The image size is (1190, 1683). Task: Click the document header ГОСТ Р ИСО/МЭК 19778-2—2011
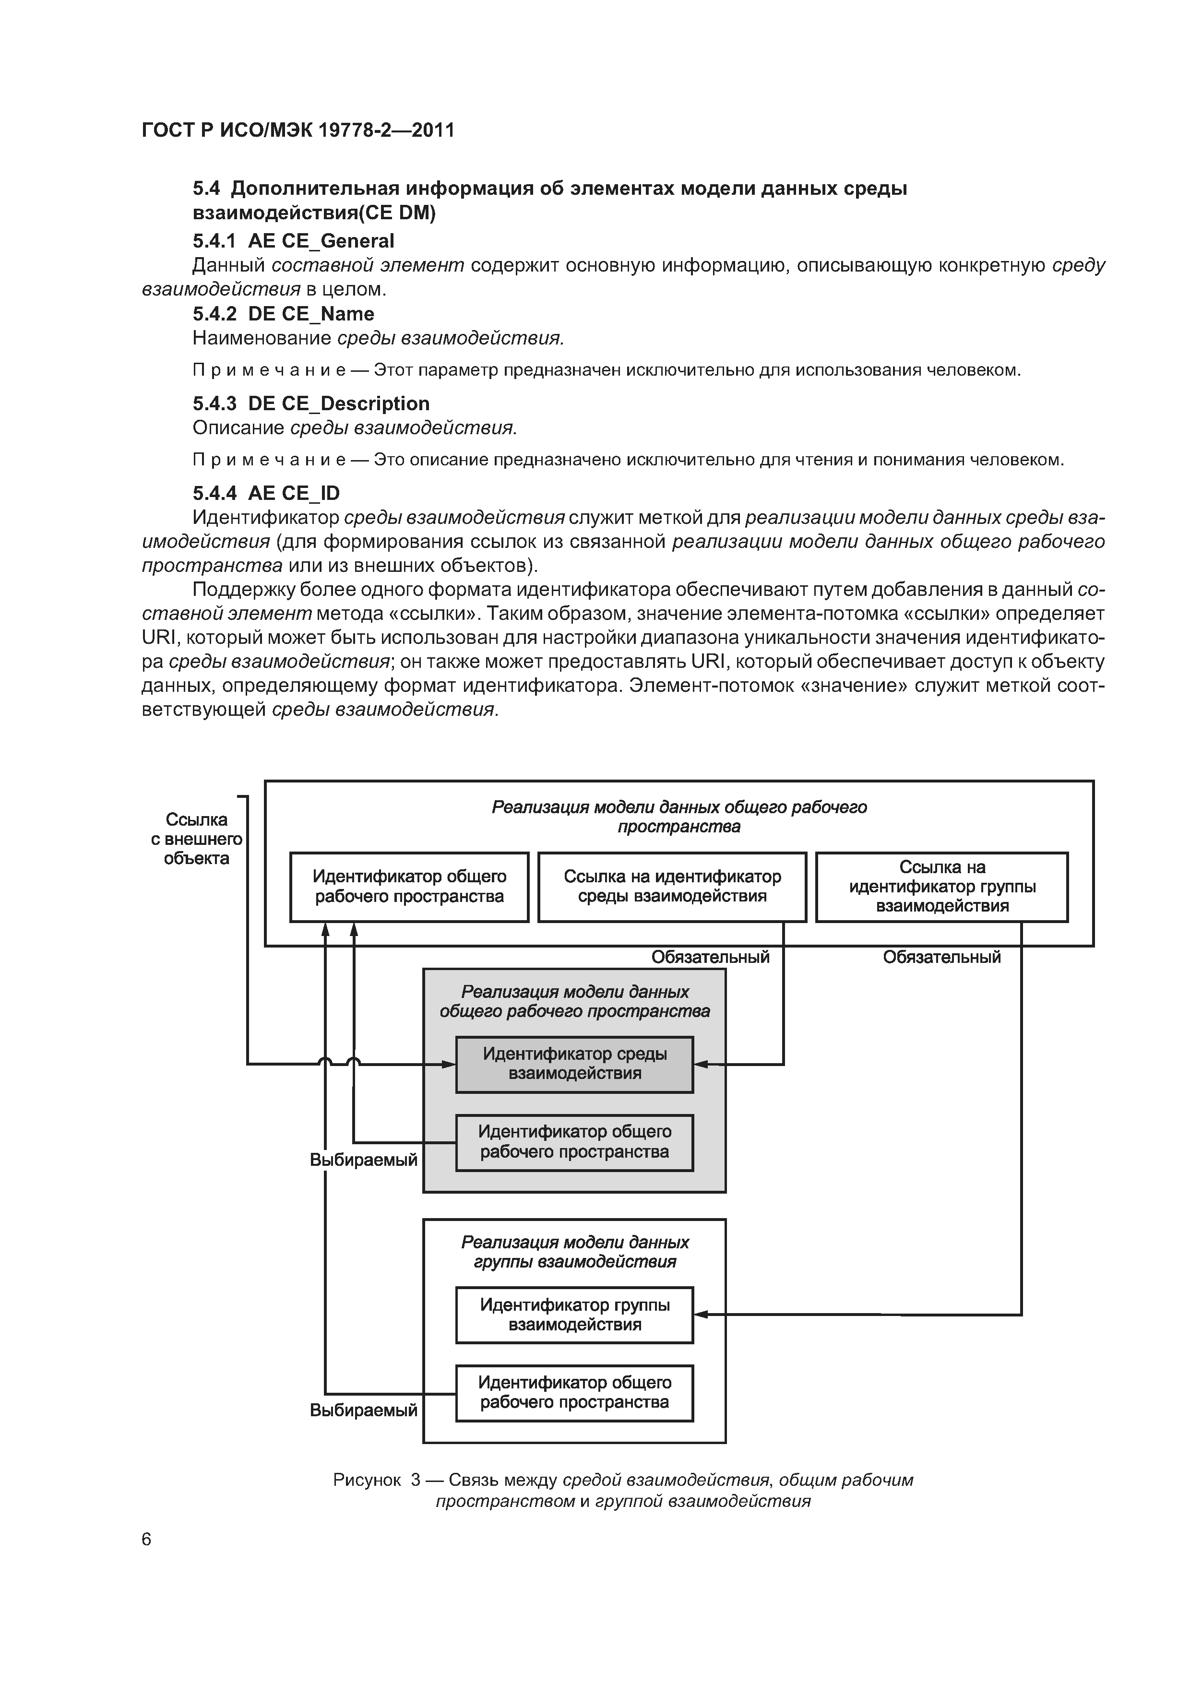coord(297,130)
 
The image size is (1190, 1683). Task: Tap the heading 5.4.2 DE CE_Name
coord(283,314)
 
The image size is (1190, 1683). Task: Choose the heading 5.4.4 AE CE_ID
coord(266,493)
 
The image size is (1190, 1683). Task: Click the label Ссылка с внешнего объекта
coord(197,839)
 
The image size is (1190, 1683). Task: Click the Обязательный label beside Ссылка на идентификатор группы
coord(941,957)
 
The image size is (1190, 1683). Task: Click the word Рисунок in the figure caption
coord(367,1480)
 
